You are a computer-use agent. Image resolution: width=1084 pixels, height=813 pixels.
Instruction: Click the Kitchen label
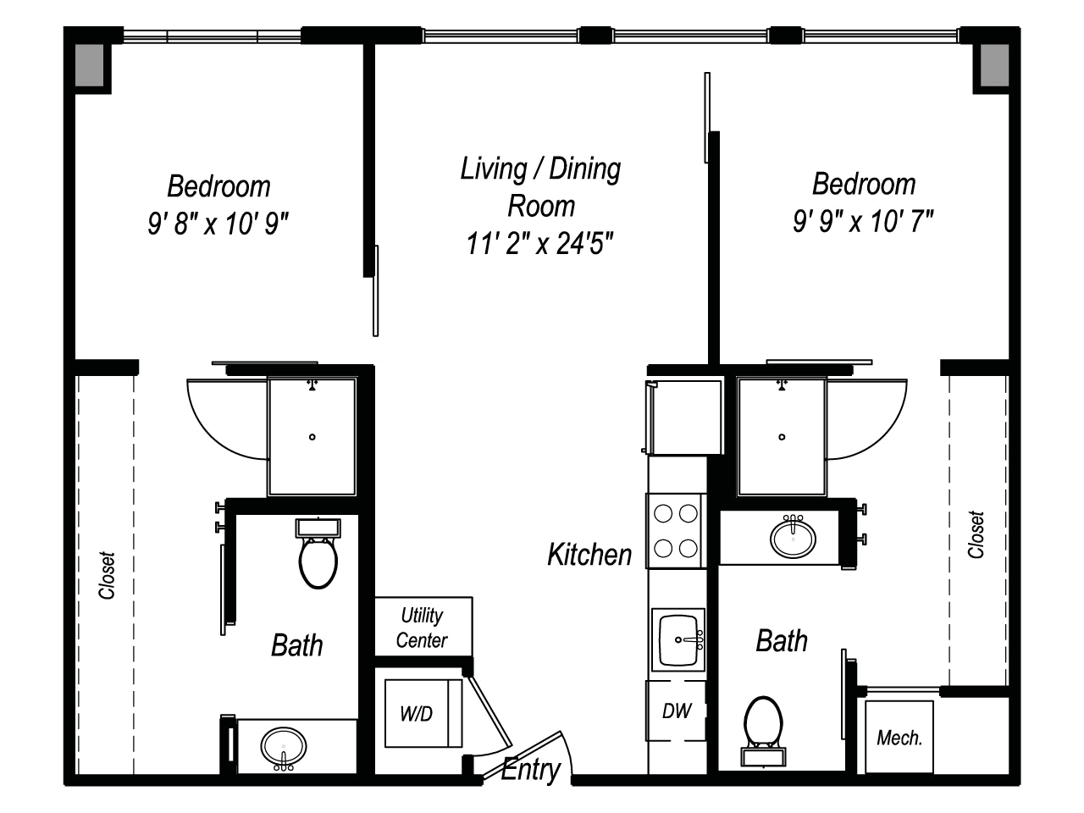point(589,555)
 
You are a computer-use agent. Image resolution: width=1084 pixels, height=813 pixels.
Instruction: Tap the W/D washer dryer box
point(423,713)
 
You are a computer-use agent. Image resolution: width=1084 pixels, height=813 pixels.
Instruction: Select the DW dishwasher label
point(677,711)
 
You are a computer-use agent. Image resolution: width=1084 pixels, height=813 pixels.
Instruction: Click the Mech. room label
point(899,738)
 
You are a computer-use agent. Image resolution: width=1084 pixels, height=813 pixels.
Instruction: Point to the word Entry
point(531,770)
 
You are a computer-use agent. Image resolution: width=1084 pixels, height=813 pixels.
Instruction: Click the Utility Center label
point(422,628)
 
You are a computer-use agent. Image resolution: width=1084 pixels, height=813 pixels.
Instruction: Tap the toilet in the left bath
point(318,553)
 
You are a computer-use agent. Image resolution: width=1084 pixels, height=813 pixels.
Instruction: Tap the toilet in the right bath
point(763,731)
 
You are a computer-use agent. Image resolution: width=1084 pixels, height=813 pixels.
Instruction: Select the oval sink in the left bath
point(284,747)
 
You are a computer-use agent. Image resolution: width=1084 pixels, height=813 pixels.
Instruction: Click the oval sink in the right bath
point(793,537)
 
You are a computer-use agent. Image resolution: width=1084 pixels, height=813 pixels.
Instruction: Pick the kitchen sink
point(678,639)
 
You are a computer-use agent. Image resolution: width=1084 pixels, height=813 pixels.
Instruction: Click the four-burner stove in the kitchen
point(676,531)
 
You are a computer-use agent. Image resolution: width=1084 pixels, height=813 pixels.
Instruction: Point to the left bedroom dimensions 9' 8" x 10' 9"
point(218,223)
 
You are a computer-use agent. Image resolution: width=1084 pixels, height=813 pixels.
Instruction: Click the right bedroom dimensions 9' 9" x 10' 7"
point(863,221)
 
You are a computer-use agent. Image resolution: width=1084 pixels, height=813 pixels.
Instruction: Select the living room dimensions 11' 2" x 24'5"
point(539,243)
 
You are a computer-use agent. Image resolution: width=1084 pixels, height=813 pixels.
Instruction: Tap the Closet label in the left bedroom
point(107,576)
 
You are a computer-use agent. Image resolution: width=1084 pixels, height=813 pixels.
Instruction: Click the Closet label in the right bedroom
point(976,534)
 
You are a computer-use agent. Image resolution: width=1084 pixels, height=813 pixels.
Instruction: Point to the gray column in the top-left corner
point(90,65)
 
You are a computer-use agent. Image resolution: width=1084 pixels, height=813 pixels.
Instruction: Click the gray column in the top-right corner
point(994,65)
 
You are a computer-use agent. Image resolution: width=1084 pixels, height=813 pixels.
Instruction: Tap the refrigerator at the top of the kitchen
point(683,418)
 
